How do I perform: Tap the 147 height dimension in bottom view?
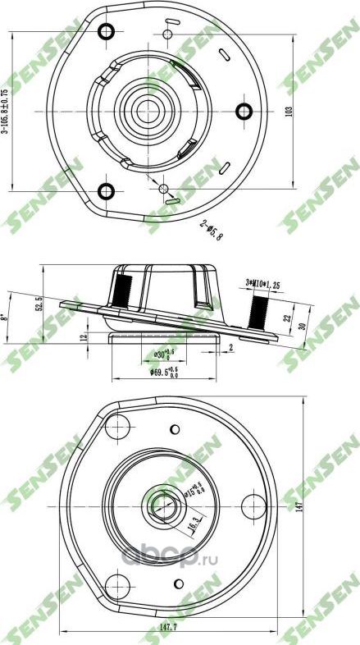point(310,507)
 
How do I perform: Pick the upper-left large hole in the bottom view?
point(121,424)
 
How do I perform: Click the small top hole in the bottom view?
point(174,428)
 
